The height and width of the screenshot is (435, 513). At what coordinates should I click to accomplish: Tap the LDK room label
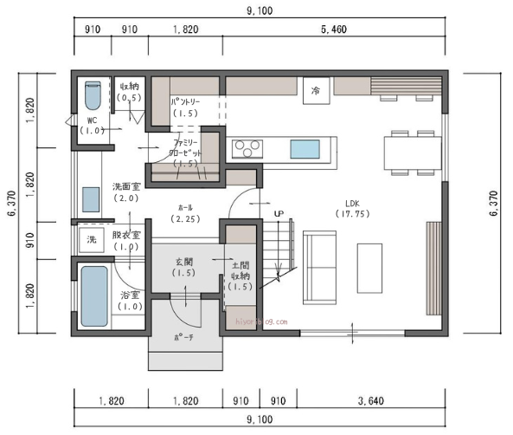[351, 207]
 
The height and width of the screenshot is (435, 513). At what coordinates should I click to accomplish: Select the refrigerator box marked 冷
[316, 90]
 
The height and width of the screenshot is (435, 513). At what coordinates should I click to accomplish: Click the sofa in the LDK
[319, 266]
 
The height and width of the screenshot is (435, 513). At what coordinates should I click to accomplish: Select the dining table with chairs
[413, 152]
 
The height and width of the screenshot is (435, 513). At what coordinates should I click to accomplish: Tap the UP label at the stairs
[279, 213]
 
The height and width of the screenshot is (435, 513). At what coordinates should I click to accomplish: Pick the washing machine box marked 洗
[90, 239]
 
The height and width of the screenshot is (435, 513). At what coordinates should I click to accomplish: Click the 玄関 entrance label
[184, 267]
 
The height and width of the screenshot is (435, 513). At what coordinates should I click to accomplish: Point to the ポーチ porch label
[183, 337]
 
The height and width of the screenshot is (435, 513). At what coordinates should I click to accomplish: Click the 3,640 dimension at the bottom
[369, 402]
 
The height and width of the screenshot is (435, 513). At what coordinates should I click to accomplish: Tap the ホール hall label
[185, 213]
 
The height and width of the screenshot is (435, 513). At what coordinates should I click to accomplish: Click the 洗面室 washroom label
[126, 192]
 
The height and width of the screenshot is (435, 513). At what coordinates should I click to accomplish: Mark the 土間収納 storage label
[241, 275]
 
